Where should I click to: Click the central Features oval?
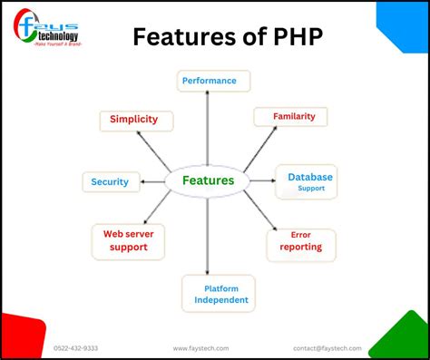(x=208, y=180)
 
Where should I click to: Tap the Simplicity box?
(x=134, y=119)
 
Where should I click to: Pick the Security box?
(x=111, y=181)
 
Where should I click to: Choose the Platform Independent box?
(x=219, y=293)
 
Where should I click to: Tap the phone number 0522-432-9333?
(x=76, y=347)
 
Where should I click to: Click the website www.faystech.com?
(x=200, y=347)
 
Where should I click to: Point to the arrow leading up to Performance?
(x=208, y=127)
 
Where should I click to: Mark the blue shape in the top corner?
(x=406, y=22)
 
